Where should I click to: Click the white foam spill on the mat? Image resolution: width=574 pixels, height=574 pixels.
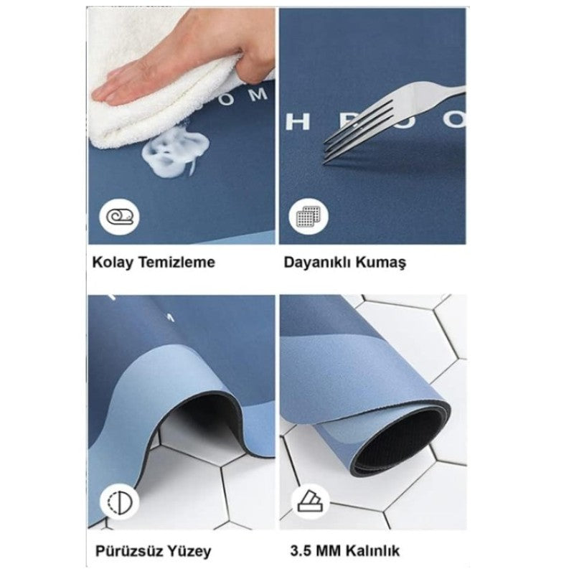point(173,155)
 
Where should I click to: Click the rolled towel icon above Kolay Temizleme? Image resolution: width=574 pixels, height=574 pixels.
point(118,216)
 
